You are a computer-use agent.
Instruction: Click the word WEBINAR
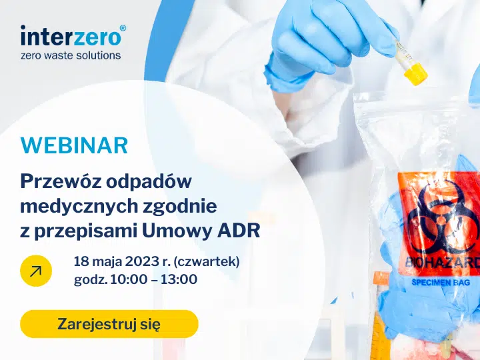tap(74, 145)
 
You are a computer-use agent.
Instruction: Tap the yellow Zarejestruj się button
tap(109, 324)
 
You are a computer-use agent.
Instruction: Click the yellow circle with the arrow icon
tap(36, 271)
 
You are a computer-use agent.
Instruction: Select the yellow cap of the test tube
tap(415, 73)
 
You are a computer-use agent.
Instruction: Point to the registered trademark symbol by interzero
tap(123, 28)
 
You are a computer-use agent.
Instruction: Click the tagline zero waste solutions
tap(71, 55)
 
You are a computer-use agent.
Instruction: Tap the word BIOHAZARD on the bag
tap(443, 263)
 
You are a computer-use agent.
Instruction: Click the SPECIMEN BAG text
tap(441, 282)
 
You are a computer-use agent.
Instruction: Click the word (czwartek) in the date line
tap(207, 262)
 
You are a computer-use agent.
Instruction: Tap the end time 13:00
tap(179, 279)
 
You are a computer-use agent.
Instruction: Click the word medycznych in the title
tap(79, 207)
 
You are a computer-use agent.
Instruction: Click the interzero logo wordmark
tap(71, 37)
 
